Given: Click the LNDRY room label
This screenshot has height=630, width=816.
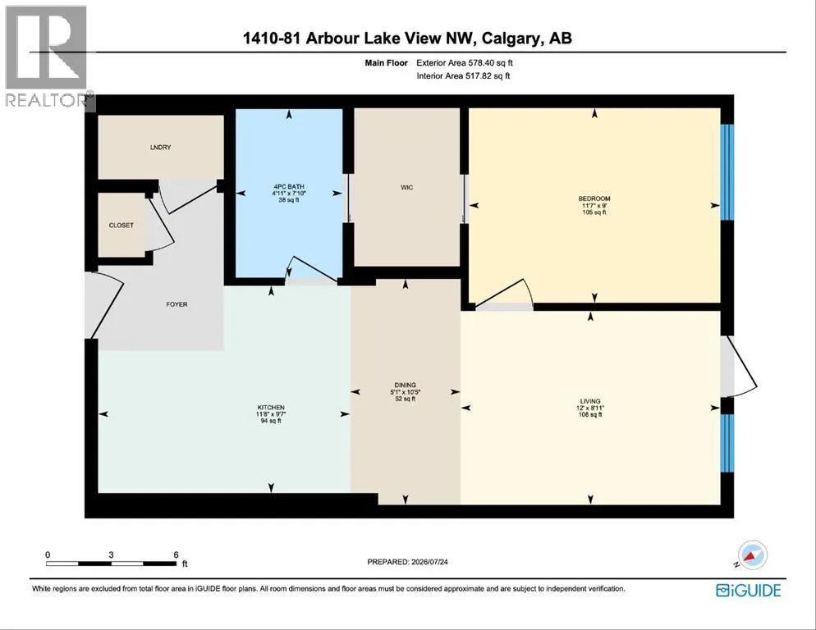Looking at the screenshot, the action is [x=160, y=147].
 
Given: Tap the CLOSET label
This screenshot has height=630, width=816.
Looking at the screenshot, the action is [x=121, y=226].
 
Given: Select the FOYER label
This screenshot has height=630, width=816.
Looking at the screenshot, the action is [x=177, y=304].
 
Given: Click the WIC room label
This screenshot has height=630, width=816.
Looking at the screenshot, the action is [x=407, y=187].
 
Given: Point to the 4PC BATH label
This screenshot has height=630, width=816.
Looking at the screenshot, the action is [x=289, y=187].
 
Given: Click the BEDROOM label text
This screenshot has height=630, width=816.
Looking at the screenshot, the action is [x=594, y=199].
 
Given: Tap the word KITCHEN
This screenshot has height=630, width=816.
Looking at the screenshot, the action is [x=271, y=408].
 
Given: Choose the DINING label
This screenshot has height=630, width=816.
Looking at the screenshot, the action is [x=405, y=385].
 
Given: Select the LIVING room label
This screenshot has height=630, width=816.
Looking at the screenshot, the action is [x=591, y=401].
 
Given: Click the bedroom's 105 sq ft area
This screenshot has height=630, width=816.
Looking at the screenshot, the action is [x=594, y=212].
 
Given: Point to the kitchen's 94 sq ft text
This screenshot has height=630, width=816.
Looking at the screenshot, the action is [x=271, y=421].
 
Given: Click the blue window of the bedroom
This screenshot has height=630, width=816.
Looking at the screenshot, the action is [x=727, y=172].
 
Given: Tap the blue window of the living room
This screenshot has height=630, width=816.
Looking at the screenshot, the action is [x=727, y=443].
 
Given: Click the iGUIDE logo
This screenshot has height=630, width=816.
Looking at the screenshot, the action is [x=749, y=590].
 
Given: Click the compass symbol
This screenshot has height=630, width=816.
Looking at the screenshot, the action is [x=751, y=555].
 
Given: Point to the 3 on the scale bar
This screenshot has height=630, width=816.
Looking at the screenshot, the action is [x=111, y=555].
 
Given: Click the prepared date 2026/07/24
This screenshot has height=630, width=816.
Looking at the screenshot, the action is [x=430, y=562].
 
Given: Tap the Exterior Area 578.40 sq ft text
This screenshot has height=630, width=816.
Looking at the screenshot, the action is [x=465, y=63].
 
